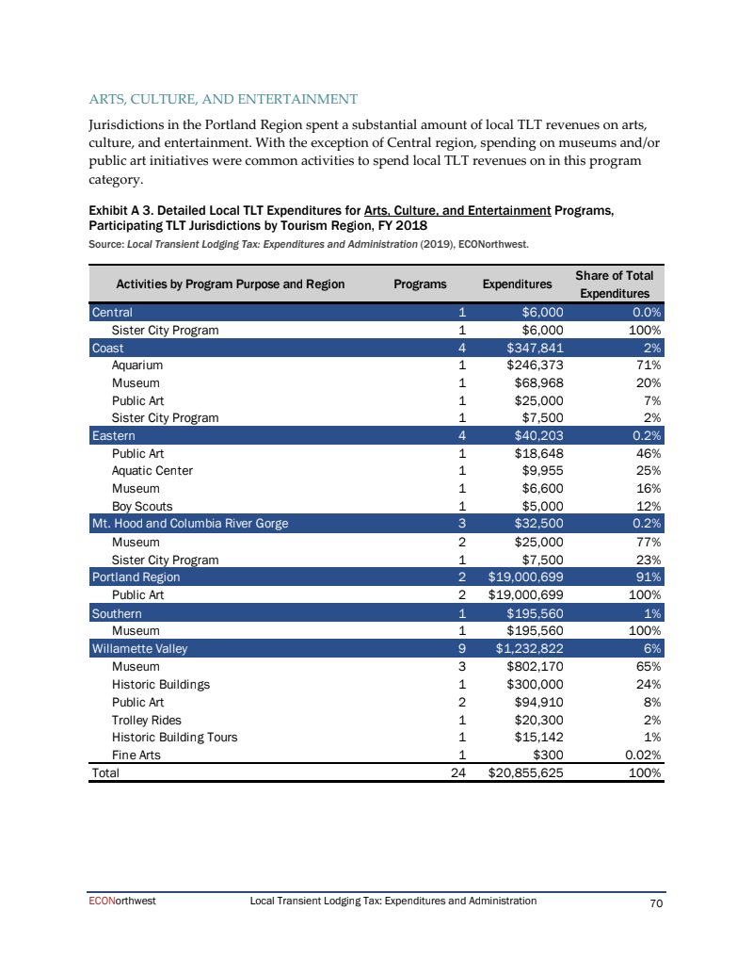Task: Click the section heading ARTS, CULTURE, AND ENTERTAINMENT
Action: (223, 99)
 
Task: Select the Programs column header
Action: (420, 284)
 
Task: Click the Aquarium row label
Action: (137, 366)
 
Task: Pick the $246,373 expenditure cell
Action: (535, 366)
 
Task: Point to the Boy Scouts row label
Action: (142, 506)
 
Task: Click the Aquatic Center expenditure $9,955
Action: (541, 471)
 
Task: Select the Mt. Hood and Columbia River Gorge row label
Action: (189, 524)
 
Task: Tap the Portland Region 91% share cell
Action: (646, 577)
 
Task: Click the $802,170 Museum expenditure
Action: (535, 665)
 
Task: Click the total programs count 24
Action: (458, 772)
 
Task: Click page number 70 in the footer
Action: (657, 903)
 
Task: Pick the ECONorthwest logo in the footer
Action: (117, 902)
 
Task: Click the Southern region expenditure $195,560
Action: (535, 612)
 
